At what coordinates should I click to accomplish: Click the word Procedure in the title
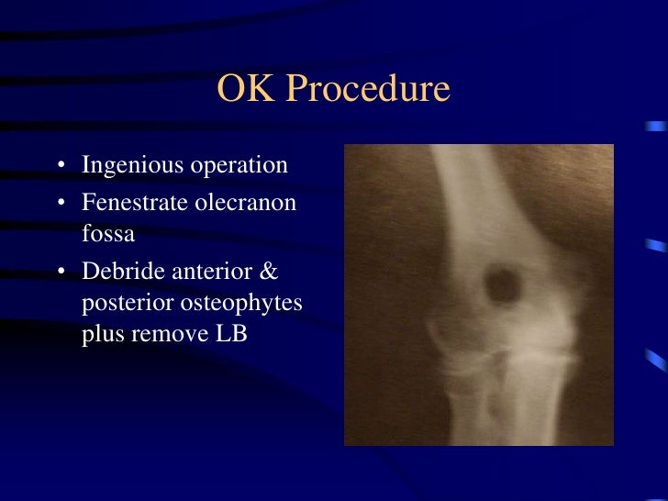pos(368,89)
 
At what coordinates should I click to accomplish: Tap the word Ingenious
pos(130,166)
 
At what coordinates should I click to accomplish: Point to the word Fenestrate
pos(132,201)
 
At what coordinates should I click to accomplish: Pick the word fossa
pos(108,233)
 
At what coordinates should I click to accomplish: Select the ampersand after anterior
pos(270,272)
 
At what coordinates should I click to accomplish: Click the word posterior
pos(121,304)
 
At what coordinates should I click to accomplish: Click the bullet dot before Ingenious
pos(61,167)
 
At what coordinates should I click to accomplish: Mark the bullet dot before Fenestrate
pos(61,202)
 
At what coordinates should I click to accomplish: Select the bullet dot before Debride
pos(61,273)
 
